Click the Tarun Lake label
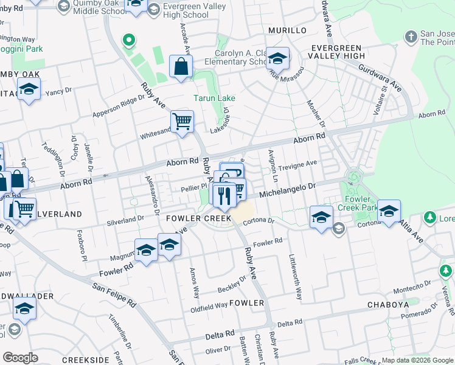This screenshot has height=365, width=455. (x=214, y=98)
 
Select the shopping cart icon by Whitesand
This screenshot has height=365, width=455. (x=182, y=122)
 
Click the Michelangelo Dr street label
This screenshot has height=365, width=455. (x=289, y=192)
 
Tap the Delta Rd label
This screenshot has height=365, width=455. (x=220, y=335)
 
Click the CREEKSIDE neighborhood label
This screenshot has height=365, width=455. (x=85, y=360)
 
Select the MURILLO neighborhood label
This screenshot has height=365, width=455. (x=287, y=30)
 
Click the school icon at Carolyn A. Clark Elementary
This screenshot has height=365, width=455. (x=278, y=60)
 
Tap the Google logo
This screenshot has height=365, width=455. (x=20, y=358)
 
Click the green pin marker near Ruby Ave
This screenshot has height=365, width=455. (x=128, y=41)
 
